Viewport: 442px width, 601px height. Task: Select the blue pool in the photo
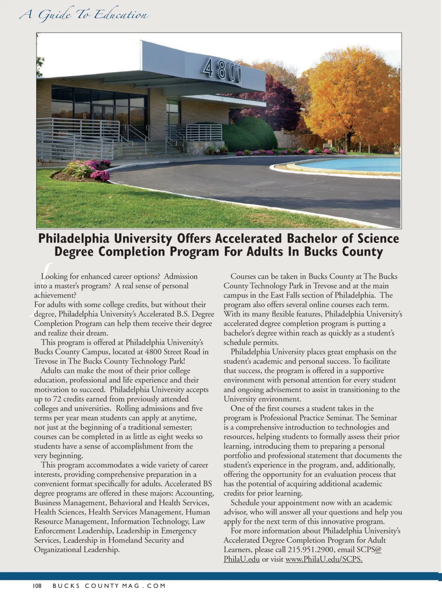pyautogui.click(x=354, y=164)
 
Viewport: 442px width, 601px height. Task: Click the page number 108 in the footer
pyautogui.click(x=37, y=586)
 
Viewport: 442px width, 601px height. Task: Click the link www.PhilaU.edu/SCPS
pyautogui.click(x=324, y=559)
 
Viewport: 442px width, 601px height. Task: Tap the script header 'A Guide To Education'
pyautogui.click(x=84, y=15)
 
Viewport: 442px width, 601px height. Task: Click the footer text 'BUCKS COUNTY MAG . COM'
pyautogui.click(x=109, y=586)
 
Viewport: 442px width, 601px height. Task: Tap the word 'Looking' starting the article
pyautogui.click(x=55, y=276)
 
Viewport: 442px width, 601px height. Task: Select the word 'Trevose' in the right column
pyautogui.click(x=326, y=286)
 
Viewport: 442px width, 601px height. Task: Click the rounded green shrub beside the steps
pyautogui.click(x=254, y=134)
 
